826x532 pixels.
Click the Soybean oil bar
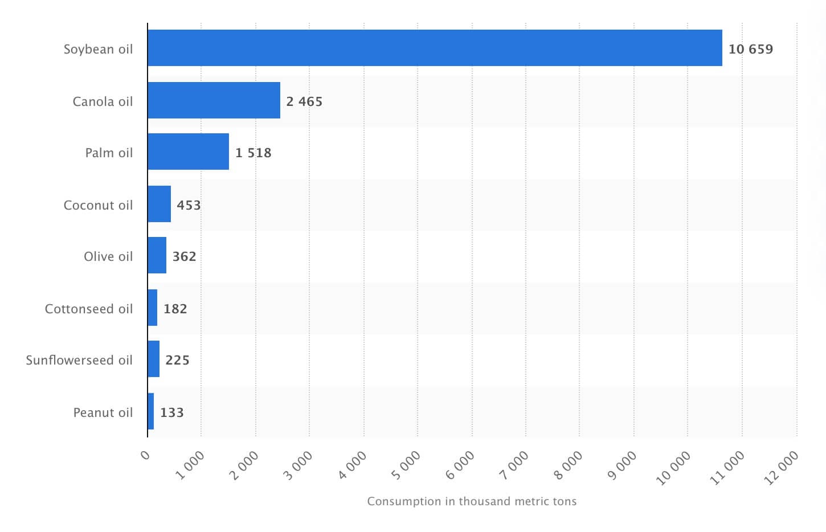tap(435, 48)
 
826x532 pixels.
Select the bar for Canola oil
tap(214, 100)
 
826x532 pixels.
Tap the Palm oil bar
tap(188, 152)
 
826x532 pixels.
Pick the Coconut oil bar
tap(159, 204)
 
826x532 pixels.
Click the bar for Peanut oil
tap(151, 411)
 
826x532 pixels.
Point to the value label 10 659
tap(750, 49)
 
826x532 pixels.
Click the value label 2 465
tap(304, 101)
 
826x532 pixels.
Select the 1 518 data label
tap(253, 153)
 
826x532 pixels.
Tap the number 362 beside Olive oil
tap(184, 256)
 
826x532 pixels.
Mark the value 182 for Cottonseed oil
tap(175, 309)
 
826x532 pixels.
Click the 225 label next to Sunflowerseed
tap(177, 360)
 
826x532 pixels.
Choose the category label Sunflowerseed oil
tap(79, 360)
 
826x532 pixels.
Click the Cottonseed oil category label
tap(89, 309)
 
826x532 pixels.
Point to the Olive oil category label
tap(108, 256)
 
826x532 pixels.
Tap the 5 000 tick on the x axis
tap(407, 465)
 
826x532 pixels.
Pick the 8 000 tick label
tap(569, 465)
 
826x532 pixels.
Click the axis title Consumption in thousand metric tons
tap(472, 501)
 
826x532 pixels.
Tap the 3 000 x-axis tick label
tap(298, 465)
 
